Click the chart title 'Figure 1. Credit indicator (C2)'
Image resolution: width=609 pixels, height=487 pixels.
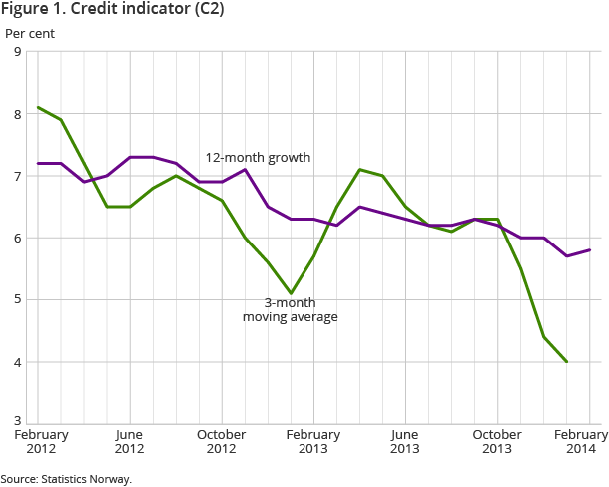[112, 11]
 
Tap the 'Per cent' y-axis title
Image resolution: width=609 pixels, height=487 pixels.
[30, 33]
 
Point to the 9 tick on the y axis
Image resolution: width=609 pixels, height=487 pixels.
[17, 52]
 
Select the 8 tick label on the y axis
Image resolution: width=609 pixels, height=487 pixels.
[17, 114]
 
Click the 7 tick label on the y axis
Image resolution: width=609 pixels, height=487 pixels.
[17, 176]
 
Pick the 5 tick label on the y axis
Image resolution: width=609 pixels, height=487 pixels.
[17, 299]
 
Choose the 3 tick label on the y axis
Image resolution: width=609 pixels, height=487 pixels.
[17, 423]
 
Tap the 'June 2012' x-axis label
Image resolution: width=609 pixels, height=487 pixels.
[130, 442]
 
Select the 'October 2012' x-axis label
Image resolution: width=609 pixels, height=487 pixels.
[222, 442]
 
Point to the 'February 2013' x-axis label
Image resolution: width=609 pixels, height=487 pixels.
[313, 442]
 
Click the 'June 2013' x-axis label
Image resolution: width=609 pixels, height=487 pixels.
[405, 442]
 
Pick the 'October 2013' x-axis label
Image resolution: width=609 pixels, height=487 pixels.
[497, 442]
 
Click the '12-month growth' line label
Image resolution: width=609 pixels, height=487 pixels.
[258, 158]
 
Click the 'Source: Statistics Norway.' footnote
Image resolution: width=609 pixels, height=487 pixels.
[66, 479]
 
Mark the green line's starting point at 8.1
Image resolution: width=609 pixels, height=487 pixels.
[38, 107]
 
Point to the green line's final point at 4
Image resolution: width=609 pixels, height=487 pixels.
[567, 361]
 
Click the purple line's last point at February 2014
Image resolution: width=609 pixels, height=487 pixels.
[590, 249]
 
